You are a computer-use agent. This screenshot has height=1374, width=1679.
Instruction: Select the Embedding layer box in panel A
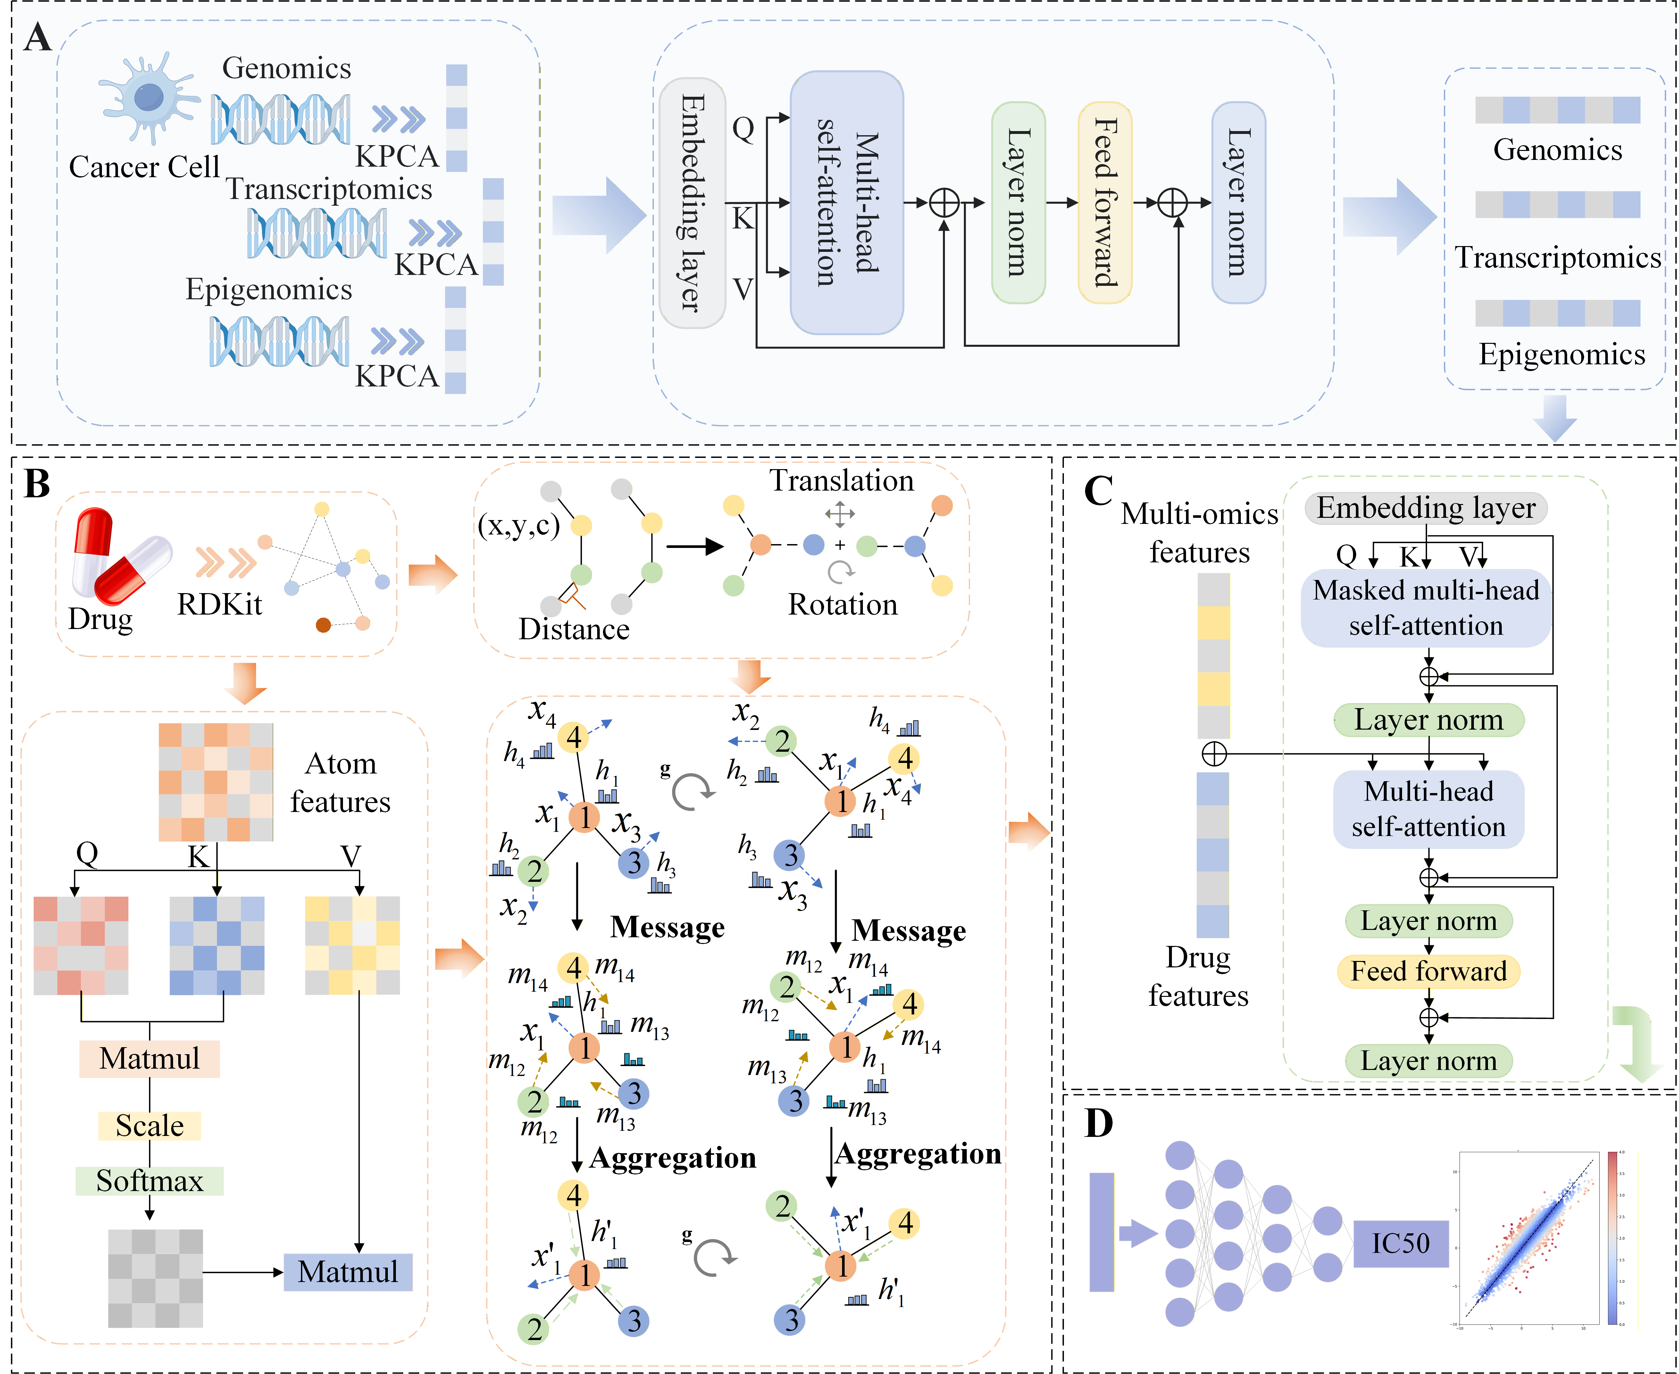click(692, 203)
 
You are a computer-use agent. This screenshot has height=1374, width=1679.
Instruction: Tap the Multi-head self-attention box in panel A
click(846, 203)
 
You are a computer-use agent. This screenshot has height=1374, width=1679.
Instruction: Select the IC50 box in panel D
click(1400, 1243)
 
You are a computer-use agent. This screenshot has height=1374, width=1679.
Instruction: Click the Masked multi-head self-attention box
click(1426, 608)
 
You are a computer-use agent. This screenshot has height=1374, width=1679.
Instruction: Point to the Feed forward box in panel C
click(1428, 971)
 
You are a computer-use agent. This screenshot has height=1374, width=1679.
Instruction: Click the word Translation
click(841, 480)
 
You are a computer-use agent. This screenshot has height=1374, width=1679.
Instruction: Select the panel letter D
click(1099, 1123)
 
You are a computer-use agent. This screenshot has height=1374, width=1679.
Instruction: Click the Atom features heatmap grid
click(215, 782)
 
